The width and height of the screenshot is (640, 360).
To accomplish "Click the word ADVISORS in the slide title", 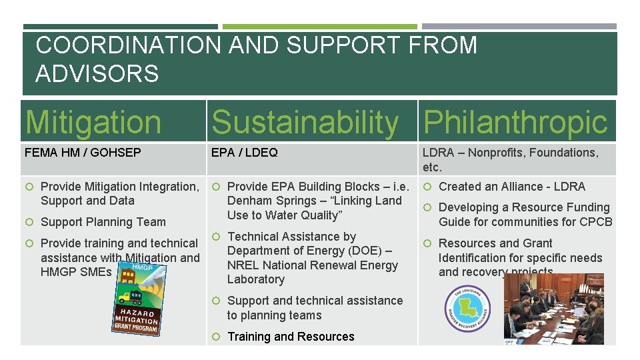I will (x=97, y=73).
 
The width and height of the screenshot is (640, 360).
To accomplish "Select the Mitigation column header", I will (x=93, y=123).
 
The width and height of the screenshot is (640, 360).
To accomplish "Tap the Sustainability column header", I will (x=305, y=123).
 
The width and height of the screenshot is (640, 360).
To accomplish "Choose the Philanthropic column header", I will (x=515, y=123).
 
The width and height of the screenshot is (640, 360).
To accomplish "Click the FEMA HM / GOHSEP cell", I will (x=83, y=153).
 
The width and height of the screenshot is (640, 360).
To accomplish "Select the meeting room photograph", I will (x=553, y=309).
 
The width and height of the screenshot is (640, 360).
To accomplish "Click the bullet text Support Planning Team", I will (x=103, y=222).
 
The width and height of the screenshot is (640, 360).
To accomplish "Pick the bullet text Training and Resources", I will (x=291, y=337).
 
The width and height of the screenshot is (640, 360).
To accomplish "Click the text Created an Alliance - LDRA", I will (x=511, y=187).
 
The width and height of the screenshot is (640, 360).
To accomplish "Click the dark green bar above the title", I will (x=120, y=27).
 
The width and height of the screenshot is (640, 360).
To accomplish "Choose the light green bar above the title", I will (x=319, y=27).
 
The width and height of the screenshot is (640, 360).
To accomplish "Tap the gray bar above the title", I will (x=519, y=27).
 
